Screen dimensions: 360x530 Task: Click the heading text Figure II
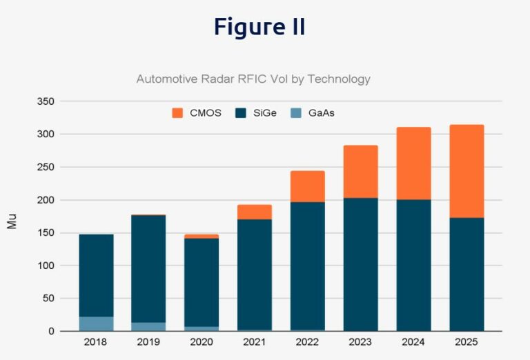259,27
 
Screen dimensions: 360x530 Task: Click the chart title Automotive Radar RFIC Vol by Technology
253,79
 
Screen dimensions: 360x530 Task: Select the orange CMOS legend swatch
177,112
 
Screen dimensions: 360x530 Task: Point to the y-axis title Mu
12,222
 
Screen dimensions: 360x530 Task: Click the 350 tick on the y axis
45,101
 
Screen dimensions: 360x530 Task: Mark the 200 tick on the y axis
45,200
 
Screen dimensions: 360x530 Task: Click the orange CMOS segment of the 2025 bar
467,171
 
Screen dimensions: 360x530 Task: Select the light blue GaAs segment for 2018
96,323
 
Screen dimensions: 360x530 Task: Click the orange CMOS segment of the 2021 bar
255,212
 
